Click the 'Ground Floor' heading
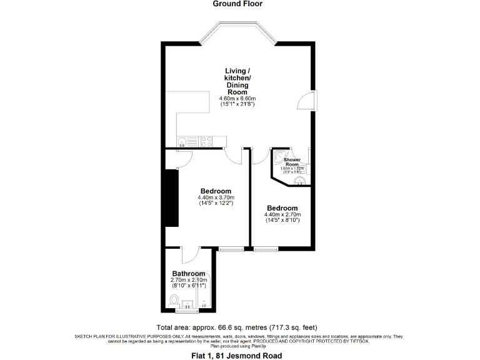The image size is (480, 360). (238, 4)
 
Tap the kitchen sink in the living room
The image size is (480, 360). (182, 141)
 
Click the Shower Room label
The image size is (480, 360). (292, 162)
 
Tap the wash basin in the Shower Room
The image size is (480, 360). (301, 181)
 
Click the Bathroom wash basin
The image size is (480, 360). (186, 304)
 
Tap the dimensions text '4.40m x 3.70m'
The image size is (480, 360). (216, 197)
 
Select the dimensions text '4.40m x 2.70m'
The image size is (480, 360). (282, 214)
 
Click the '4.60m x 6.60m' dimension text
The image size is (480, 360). (237, 99)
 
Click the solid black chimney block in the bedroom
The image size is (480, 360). (170, 197)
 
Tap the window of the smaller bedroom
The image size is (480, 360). (266, 249)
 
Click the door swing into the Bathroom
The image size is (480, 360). (190, 256)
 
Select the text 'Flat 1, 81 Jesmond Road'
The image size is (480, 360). (238, 355)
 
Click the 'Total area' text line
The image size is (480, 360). (238, 327)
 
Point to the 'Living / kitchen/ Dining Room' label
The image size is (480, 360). (238, 81)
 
